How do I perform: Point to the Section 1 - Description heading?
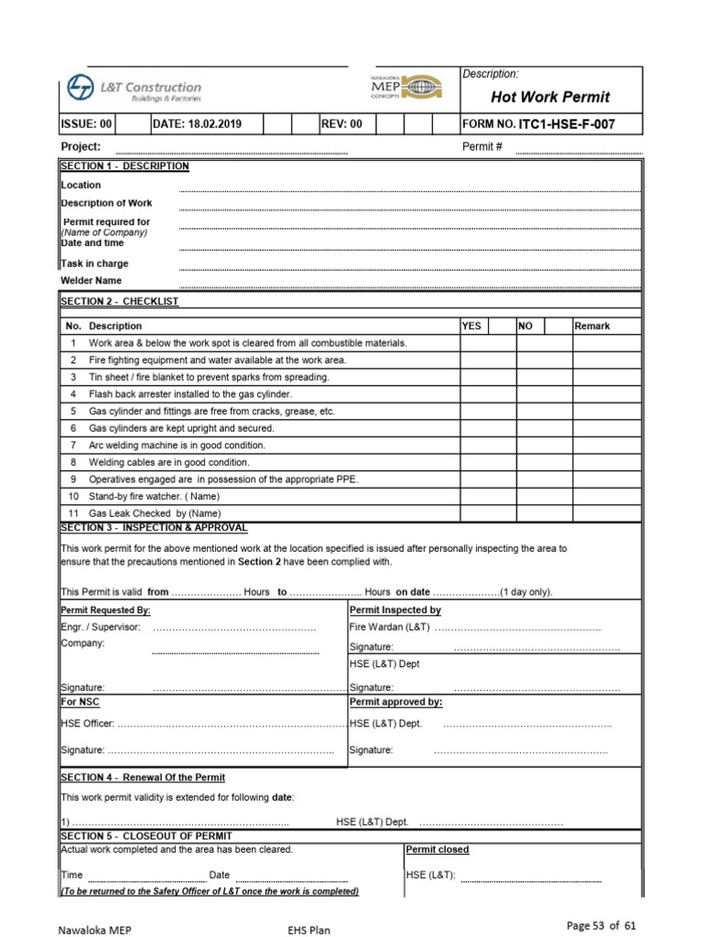click(x=124, y=167)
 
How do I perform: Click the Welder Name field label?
click(x=91, y=281)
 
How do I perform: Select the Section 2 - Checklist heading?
click(x=119, y=301)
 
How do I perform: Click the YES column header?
click(x=472, y=326)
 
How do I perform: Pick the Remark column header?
click(x=592, y=326)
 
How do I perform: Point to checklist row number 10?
click(x=73, y=496)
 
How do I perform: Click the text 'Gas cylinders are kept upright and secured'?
click(x=180, y=428)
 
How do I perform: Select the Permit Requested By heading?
click(x=105, y=610)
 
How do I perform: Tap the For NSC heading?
click(x=80, y=702)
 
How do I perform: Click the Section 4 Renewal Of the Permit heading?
click(x=143, y=778)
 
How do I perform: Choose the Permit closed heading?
click(x=437, y=850)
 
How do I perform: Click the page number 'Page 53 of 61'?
click(x=601, y=926)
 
